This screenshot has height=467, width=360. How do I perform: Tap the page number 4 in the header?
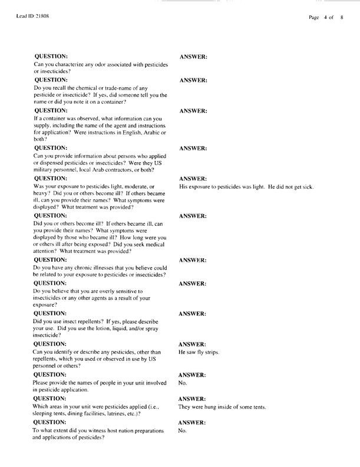tap(325, 18)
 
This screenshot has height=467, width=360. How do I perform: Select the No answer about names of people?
tap(183, 383)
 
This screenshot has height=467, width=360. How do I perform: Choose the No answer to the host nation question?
tap(183, 431)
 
